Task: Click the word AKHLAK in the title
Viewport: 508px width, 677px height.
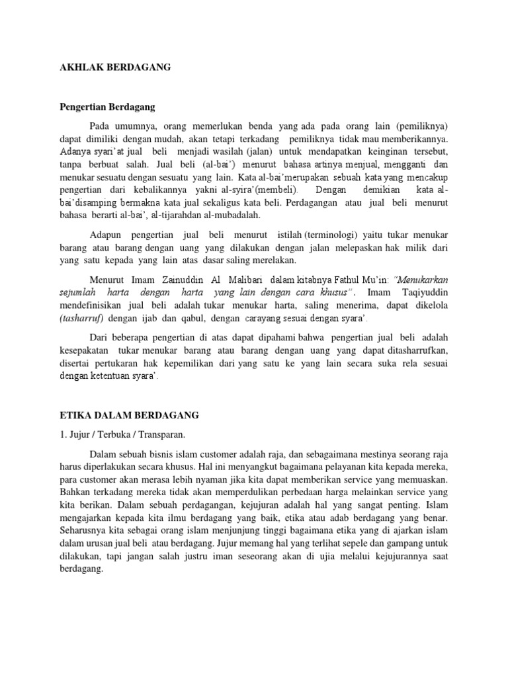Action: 77,67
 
